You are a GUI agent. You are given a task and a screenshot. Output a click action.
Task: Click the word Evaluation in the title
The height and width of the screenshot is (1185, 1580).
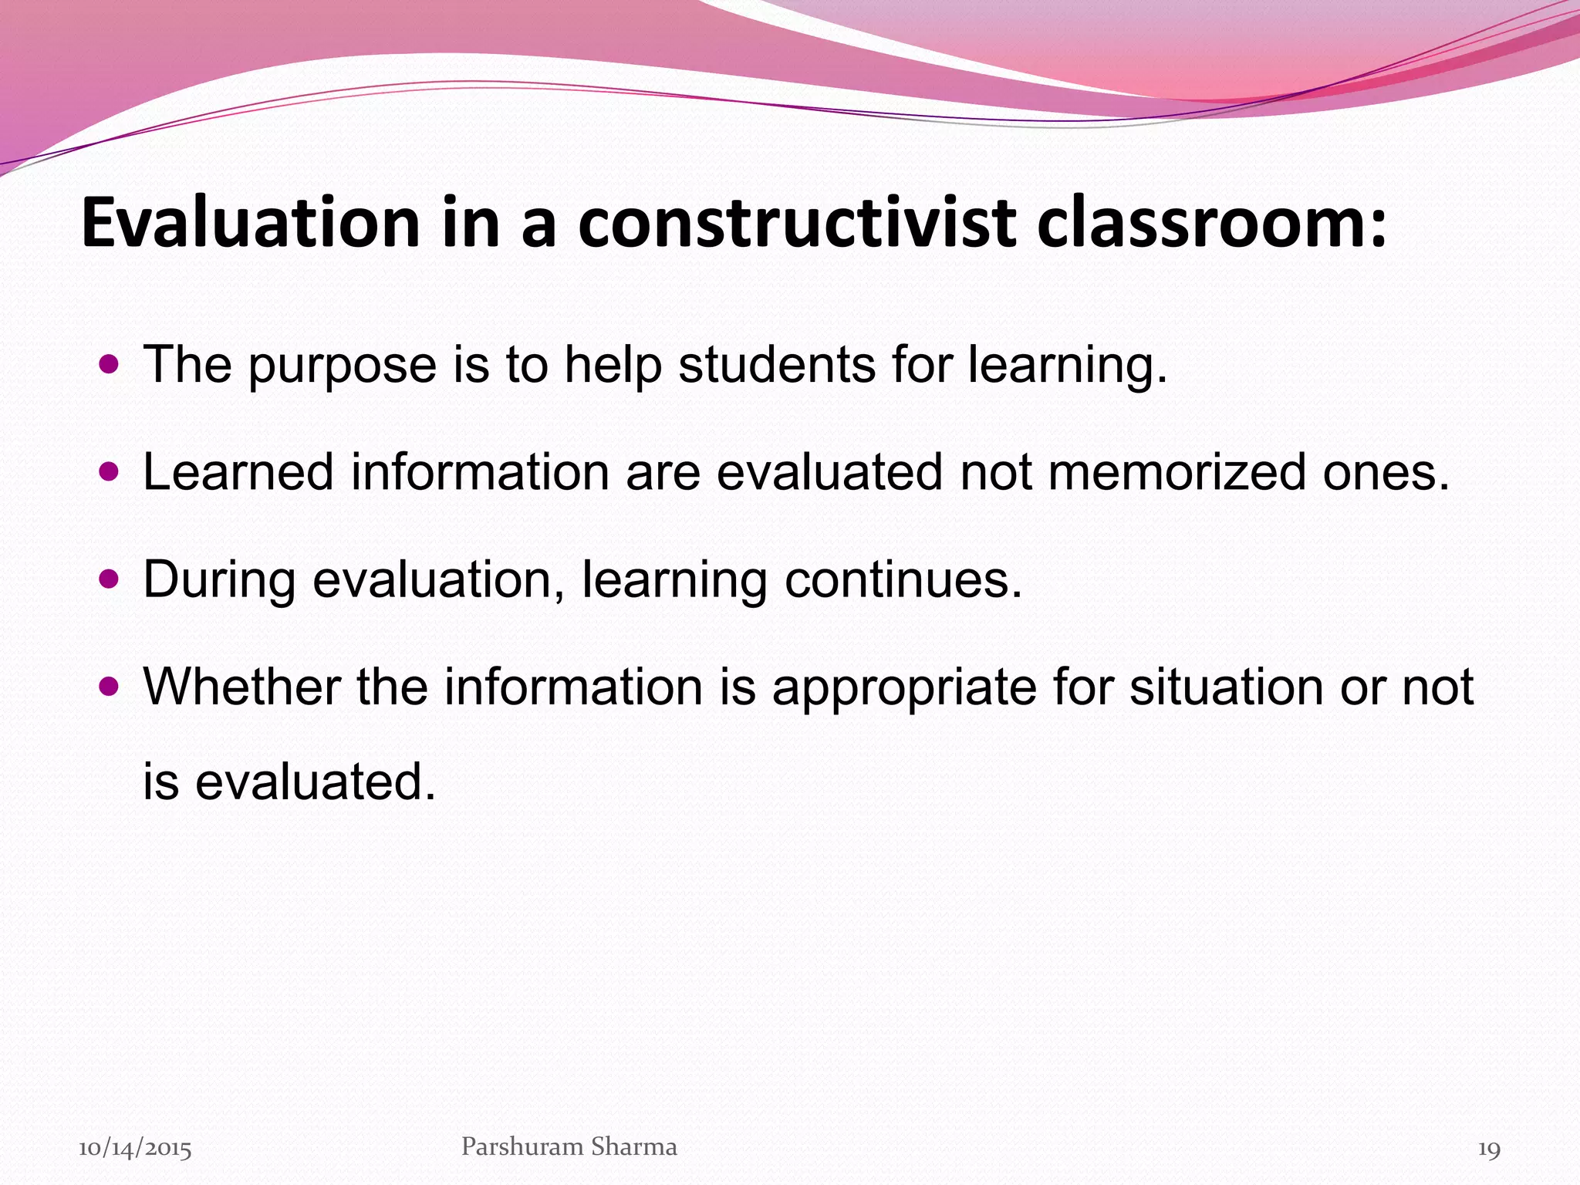click(250, 223)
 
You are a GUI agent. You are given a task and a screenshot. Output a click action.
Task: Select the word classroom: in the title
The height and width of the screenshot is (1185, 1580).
click(1211, 223)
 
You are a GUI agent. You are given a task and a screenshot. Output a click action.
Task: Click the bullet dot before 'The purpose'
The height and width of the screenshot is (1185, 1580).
click(110, 363)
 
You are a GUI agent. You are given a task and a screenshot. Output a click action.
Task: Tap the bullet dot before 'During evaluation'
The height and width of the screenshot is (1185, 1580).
click(110, 579)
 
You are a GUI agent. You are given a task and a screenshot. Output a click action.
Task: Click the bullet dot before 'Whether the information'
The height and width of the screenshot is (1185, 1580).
click(110, 685)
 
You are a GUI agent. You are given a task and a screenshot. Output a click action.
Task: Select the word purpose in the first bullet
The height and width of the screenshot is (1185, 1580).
click(342, 366)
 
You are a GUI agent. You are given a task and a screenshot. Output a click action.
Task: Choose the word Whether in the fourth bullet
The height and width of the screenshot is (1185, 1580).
click(241, 686)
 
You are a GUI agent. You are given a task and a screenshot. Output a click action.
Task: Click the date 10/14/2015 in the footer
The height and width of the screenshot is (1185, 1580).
click(135, 1149)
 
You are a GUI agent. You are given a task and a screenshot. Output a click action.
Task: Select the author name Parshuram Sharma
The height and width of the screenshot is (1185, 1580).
click(569, 1147)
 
